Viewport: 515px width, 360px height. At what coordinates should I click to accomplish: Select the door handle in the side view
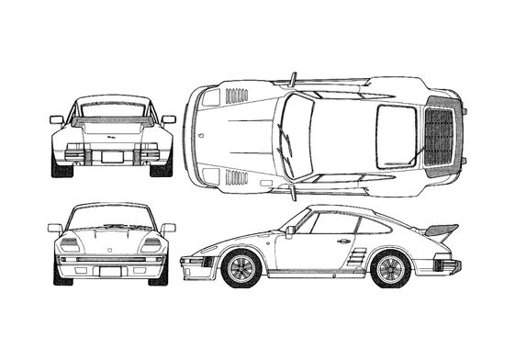pyautogui.click(x=344, y=241)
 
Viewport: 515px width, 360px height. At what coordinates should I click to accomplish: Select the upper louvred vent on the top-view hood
pyautogui.click(x=236, y=95)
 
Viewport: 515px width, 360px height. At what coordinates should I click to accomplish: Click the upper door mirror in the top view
pyautogui.click(x=293, y=80)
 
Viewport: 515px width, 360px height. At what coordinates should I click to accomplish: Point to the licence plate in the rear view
pyautogui.click(x=112, y=157)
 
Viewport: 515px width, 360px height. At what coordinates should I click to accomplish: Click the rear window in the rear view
pyautogui.click(x=112, y=112)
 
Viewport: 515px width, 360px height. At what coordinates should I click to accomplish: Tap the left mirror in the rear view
pyautogui.click(x=57, y=119)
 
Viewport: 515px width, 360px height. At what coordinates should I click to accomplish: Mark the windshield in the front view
pyautogui.click(x=112, y=218)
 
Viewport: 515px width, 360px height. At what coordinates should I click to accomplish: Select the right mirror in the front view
pyautogui.click(x=168, y=228)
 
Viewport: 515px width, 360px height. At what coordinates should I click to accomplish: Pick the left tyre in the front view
pyautogui.click(x=61, y=274)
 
